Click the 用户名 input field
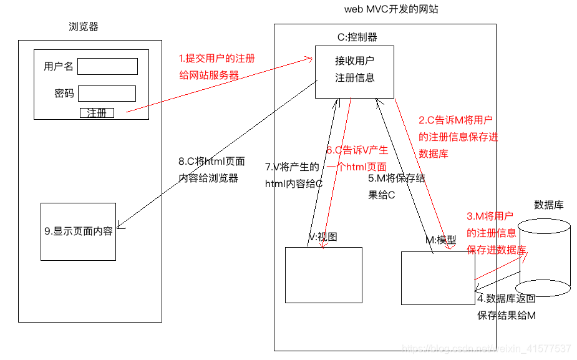tap(107, 67)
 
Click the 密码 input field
tap(107, 94)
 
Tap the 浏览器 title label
tap(84, 27)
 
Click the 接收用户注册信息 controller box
tap(354, 71)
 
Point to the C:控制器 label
tap(357, 37)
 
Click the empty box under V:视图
tap(323, 275)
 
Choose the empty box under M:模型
tap(437, 278)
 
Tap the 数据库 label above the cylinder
tap(549, 205)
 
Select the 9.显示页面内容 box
tap(79, 231)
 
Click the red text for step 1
tap(216, 67)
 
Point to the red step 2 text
tap(458, 137)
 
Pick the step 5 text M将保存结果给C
tap(396, 186)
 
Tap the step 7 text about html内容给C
tap(293, 175)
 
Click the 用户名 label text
tap(59, 67)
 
